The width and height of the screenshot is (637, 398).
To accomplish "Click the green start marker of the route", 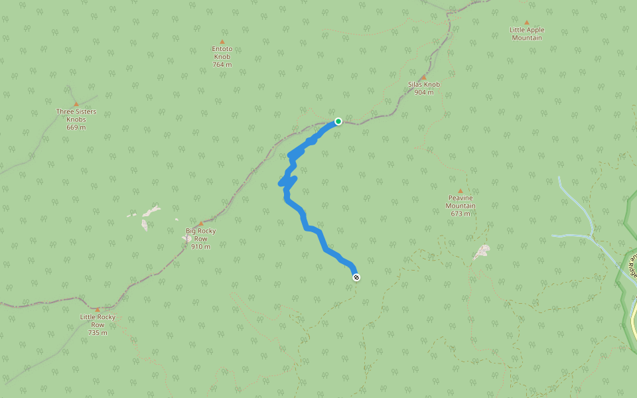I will point(338,121).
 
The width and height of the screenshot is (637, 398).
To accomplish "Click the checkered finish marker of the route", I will point(356,277).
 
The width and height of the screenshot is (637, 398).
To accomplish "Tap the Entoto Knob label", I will point(222,52).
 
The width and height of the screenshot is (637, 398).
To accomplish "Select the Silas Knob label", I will point(424,84).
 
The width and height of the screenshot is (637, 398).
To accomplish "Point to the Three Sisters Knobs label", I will point(76,115).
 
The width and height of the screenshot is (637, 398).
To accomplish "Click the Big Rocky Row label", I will point(200,235).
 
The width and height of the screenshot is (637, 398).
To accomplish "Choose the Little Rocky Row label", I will point(98,320).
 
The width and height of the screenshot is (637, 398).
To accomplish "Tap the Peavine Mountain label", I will point(460,202).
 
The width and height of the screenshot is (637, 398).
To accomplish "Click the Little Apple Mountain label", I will point(527,34).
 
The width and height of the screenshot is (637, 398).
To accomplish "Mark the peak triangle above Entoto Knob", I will point(222,41).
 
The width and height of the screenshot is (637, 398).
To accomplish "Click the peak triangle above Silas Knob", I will point(423,77).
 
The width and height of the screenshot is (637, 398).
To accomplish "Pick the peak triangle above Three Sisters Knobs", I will point(76,103).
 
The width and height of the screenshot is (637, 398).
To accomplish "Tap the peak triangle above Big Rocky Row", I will point(200,224).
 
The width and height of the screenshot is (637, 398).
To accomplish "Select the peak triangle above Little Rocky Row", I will point(98,309).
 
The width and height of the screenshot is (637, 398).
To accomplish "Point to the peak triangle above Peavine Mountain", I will point(460,190).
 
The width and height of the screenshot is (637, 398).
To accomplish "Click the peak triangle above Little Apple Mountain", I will point(527,23).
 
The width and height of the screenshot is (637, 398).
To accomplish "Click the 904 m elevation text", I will point(424,92).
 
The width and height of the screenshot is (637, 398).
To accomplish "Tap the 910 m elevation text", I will point(200,247).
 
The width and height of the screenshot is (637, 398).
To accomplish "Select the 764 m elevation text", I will point(222,64).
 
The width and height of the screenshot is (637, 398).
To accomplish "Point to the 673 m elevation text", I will point(460,214).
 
